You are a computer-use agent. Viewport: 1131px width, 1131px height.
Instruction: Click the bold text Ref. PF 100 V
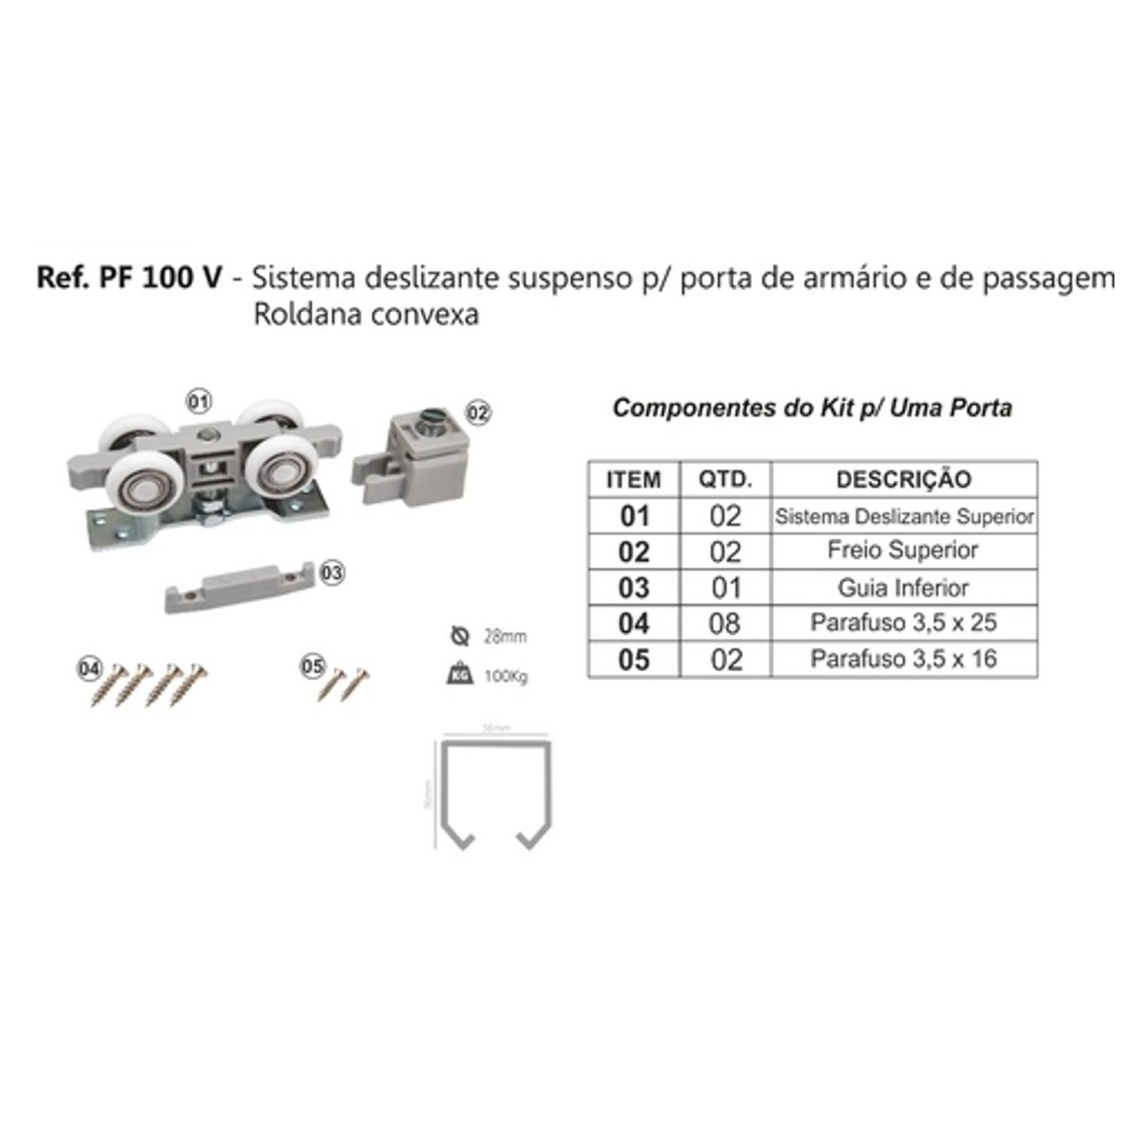tap(129, 278)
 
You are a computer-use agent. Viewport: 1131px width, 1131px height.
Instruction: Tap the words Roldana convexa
tap(366, 314)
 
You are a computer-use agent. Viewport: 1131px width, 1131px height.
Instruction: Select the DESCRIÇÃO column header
tap(903, 480)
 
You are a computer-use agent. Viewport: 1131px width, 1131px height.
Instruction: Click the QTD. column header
tap(725, 480)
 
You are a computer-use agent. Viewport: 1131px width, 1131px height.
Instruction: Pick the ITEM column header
tap(633, 480)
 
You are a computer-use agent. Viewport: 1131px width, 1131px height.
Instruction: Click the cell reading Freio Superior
tap(903, 550)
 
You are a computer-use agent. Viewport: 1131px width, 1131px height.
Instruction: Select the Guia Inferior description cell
tap(903, 587)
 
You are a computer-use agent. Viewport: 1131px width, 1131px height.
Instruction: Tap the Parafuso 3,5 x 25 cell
tap(903, 623)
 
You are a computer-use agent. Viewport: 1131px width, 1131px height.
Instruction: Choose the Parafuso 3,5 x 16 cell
tap(903, 659)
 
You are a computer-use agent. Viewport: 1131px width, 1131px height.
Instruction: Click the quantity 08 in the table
tap(725, 624)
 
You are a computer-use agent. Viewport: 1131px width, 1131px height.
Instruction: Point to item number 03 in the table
tap(633, 587)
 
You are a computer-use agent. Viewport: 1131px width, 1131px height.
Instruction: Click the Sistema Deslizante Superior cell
tap(904, 516)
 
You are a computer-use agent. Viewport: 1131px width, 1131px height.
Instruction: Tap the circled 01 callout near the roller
tap(199, 402)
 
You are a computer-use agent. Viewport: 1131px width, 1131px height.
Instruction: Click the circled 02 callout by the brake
tap(478, 412)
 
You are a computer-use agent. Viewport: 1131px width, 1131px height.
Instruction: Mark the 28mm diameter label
tap(504, 637)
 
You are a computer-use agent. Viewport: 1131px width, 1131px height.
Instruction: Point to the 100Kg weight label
tap(505, 676)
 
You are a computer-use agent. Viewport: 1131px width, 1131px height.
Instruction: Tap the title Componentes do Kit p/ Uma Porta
tap(812, 408)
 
